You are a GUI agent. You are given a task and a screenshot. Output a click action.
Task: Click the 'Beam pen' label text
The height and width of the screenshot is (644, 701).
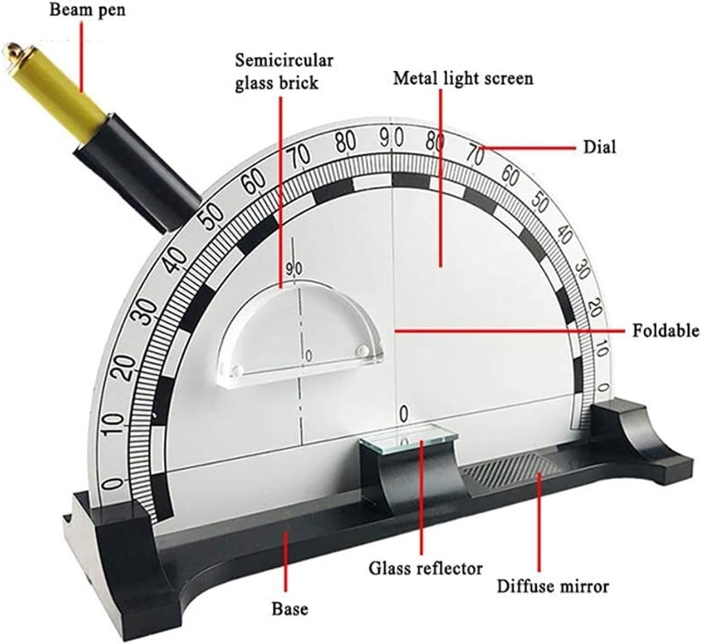[87, 10]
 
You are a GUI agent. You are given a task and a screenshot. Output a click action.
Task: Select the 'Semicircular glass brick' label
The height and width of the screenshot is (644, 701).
[284, 72]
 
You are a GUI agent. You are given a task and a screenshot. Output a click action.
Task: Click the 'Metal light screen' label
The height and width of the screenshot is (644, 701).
[463, 78]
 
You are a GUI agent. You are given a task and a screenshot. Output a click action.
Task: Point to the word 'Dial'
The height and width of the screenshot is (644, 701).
[600, 148]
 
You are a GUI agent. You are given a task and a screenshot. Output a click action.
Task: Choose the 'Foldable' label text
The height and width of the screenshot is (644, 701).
[666, 331]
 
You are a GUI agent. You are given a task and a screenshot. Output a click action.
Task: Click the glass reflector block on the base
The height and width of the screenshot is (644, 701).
[409, 439]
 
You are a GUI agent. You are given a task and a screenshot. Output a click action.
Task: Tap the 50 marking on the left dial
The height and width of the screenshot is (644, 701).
[210, 217]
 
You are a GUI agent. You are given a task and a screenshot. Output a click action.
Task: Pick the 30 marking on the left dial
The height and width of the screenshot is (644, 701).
[148, 312]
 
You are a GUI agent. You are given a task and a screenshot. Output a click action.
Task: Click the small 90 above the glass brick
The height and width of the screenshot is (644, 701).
[294, 269]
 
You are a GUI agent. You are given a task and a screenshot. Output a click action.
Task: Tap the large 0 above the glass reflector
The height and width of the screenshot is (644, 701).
[404, 414]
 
